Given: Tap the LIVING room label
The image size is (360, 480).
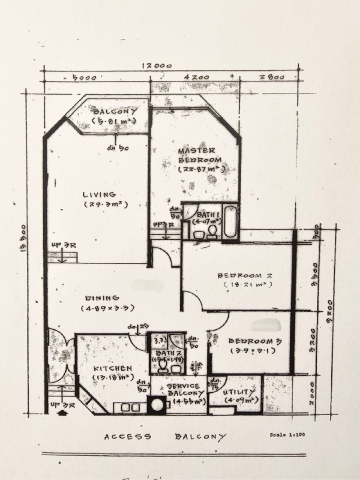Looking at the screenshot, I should coord(99,194).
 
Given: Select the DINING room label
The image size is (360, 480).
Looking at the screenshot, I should coord(103,298).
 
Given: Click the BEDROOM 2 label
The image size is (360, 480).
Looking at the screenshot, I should coord(246,275).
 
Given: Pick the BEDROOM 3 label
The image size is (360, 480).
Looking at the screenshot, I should coord(249,341).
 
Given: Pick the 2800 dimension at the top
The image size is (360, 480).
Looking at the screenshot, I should coord(272,77).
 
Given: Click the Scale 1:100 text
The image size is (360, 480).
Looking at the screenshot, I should coord(288,435).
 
